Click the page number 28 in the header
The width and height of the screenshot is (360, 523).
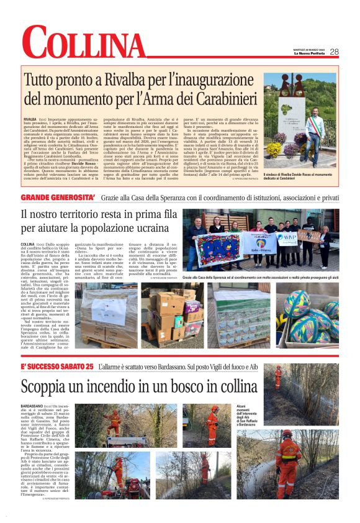coord(334,52)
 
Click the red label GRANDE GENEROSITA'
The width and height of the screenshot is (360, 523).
coord(58,198)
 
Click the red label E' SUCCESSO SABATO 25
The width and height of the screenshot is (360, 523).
coord(56,367)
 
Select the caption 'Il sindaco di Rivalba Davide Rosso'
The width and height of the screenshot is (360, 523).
coord(300,179)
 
